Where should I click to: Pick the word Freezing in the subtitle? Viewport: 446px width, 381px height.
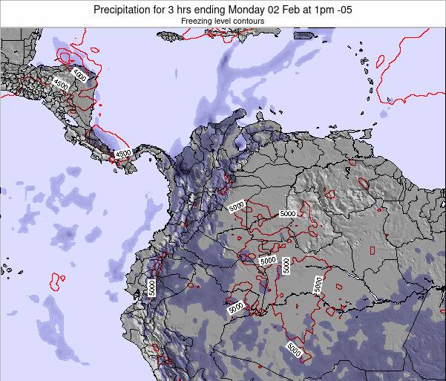click(196, 22)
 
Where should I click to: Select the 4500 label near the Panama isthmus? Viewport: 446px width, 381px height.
click(122, 153)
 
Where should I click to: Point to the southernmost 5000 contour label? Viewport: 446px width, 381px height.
click(295, 349)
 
